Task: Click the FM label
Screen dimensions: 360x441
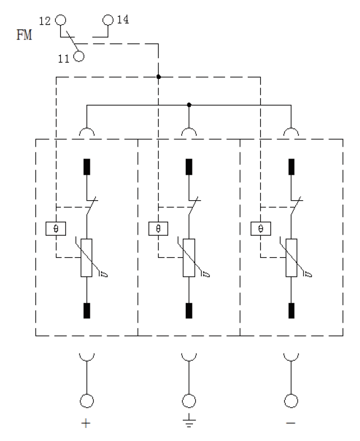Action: (24, 35)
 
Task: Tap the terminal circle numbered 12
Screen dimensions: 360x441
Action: (60, 20)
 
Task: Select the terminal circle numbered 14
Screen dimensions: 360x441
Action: (108, 20)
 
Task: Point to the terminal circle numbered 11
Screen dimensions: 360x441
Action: (79, 56)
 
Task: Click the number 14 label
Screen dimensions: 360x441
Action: (122, 20)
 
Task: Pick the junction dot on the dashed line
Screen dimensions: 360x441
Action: (159, 77)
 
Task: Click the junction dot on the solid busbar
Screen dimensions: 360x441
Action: (189, 105)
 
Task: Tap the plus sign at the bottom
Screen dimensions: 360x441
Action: (86, 423)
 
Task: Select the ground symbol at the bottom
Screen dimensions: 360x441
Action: (189, 421)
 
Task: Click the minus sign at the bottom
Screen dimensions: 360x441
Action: (291, 423)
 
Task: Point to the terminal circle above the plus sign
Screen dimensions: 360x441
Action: (87, 401)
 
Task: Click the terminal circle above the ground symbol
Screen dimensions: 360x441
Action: (189, 401)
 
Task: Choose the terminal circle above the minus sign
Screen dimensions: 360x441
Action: (291, 401)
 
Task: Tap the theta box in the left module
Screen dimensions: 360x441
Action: (56, 228)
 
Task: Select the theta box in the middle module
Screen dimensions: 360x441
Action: (158, 228)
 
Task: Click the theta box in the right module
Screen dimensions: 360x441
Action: (261, 228)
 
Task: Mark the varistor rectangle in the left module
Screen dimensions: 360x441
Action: (86, 258)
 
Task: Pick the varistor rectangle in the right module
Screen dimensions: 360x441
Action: (291, 258)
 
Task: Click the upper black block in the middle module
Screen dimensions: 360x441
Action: (189, 167)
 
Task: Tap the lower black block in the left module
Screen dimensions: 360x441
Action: (87, 311)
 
